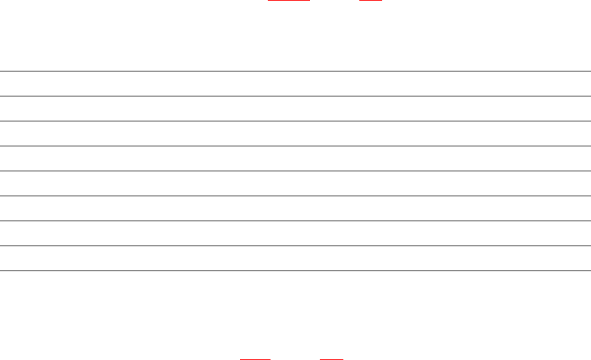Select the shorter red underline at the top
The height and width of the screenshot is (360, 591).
(x=370, y=1)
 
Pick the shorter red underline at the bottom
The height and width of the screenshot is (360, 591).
(x=332, y=359)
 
